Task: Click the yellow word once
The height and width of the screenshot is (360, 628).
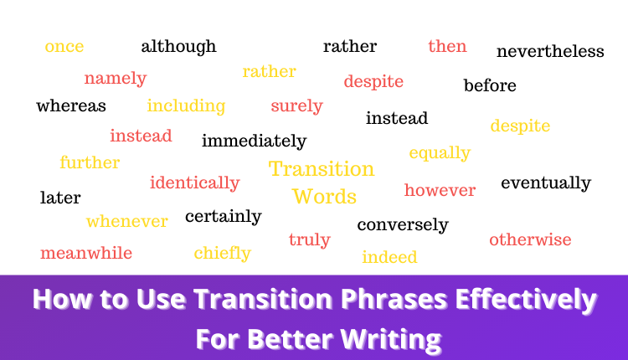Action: coord(64,46)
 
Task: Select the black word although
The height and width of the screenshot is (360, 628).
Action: coord(178,46)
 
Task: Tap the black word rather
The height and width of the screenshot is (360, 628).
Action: coord(350,46)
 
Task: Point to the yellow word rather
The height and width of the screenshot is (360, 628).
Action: coord(270,71)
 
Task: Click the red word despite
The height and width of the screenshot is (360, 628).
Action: coord(373,81)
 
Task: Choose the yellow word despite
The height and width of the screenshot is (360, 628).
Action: coord(520,126)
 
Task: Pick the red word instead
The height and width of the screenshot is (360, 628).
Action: coord(141,136)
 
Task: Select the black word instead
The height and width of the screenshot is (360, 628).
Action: coord(397,118)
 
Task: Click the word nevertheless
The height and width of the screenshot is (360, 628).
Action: coord(550,51)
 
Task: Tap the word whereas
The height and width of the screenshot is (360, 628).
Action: coord(71,105)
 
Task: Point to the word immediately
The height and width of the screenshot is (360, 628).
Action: coord(254,141)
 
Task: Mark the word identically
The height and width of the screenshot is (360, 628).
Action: coord(194,183)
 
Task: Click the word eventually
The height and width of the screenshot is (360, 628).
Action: coord(546,183)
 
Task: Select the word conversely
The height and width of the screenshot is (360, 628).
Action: coord(403,224)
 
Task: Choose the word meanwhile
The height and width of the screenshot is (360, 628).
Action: coord(86,253)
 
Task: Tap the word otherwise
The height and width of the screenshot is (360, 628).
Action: coord(530,240)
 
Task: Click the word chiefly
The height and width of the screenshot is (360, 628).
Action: coord(222,253)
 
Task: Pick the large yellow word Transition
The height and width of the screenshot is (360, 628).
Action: coord(322,168)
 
